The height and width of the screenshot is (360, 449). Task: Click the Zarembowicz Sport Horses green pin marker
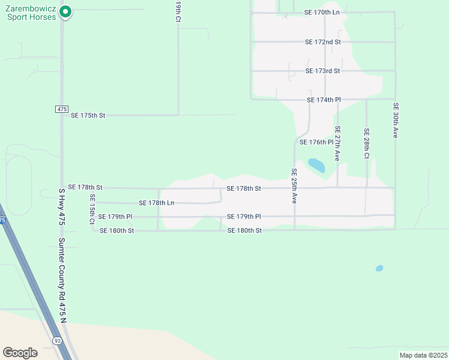click(x=66, y=11)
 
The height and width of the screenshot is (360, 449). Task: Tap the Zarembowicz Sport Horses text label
click(x=31, y=13)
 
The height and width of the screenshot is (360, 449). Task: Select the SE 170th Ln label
click(x=322, y=12)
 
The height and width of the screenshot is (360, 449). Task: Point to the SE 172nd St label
click(x=322, y=42)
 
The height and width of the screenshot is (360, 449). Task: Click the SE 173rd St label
click(x=322, y=71)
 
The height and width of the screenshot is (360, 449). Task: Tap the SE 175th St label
click(x=88, y=115)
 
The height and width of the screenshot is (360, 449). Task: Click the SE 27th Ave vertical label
click(x=338, y=143)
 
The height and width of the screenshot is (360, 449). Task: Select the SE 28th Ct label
click(x=366, y=143)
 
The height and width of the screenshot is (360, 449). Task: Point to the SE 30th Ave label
click(x=396, y=121)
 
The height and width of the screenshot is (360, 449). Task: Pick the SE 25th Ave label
click(x=294, y=186)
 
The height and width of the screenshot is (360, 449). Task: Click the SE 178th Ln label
click(x=156, y=203)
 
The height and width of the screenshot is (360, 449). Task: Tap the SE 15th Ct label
click(x=92, y=209)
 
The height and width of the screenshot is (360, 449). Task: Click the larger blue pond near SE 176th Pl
click(x=316, y=164)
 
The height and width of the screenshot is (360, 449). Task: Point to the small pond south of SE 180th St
click(x=379, y=268)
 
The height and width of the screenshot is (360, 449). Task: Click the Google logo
click(x=20, y=352)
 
